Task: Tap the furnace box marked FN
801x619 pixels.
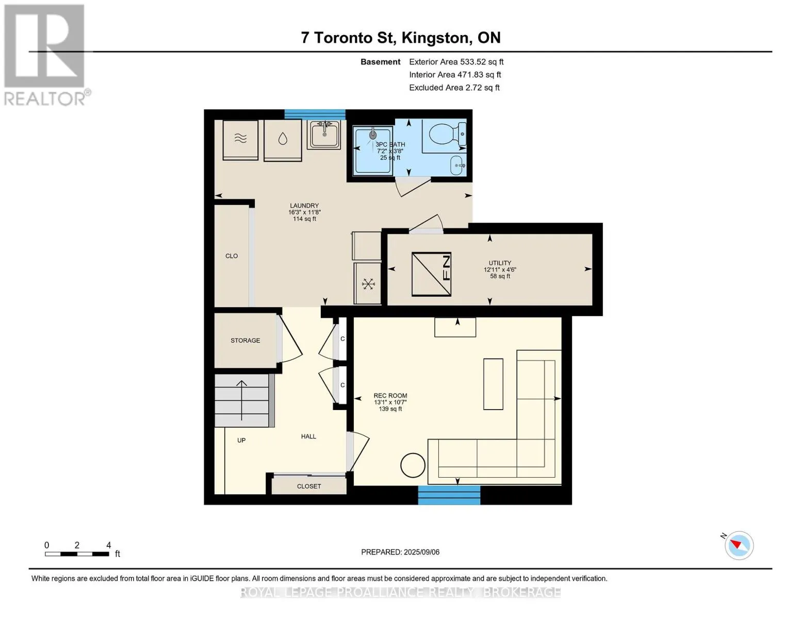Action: coord(431,274)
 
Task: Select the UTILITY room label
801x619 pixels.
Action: coord(500,263)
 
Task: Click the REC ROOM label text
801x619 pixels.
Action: coord(390,396)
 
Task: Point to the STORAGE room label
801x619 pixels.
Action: coord(245,340)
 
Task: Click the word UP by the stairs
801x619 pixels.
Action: coord(241,440)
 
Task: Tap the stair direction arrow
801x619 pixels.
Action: coord(241,400)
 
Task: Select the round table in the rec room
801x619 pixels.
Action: coord(413,465)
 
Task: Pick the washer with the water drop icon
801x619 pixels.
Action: coord(283,140)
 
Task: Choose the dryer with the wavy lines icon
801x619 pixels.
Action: coord(240,140)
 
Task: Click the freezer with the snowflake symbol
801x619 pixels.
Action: coord(367,283)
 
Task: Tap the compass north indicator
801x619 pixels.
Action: coord(736,544)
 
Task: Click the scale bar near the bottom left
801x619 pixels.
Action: coord(77,553)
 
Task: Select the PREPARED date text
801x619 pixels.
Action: coord(400,552)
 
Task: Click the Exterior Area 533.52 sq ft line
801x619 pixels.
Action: coord(456,62)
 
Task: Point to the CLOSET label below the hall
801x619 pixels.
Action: coord(309,486)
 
